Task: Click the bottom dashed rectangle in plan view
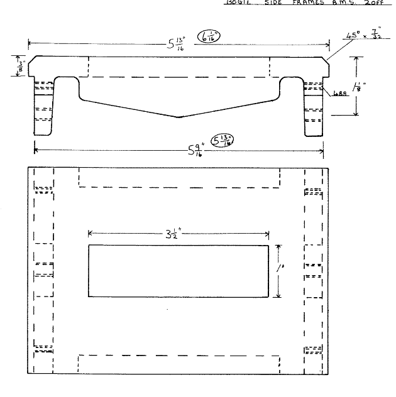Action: click(179, 363)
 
